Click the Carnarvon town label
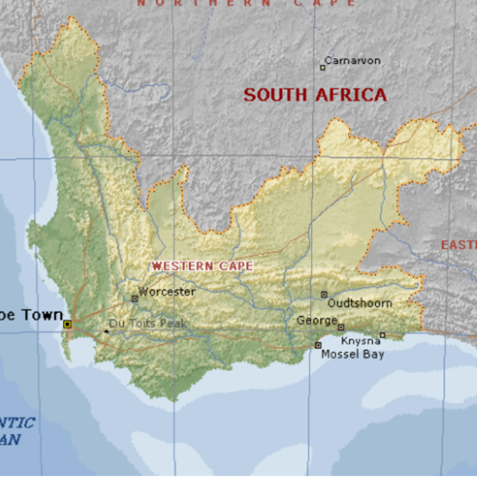pyautogui.click(x=354, y=60)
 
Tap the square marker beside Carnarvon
pyautogui.click(x=322, y=66)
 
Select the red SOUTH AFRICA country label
pyautogui.click(x=315, y=94)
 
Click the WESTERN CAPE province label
pyautogui.click(x=203, y=265)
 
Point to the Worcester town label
pyautogui.click(x=167, y=291)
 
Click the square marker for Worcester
pyautogui.click(x=135, y=298)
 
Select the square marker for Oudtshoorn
pyautogui.click(x=324, y=294)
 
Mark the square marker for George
pyautogui.click(x=341, y=327)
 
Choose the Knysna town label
pyautogui.click(x=361, y=341)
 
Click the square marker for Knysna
pyautogui.click(x=383, y=335)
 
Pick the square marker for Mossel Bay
pyautogui.click(x=318, y=345)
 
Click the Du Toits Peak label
pyautogui.click(x=148, y=323)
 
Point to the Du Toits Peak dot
pyautogui.click(x=106, y=331)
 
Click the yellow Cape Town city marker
pyautogui.click(x=67, y=324)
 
